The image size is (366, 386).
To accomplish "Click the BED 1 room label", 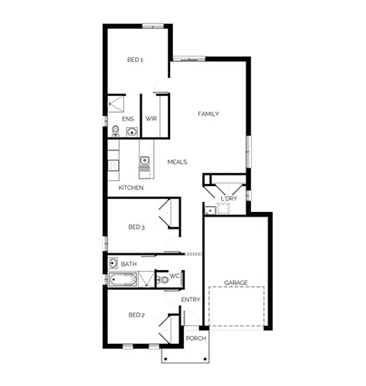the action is (x=135, y=60).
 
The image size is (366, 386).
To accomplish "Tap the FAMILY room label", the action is (x=208, y=114).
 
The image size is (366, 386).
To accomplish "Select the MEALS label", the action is (x=177, y=162).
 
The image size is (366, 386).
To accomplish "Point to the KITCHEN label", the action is (x=131, y=188).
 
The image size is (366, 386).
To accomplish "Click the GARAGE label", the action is (x=236, y=283).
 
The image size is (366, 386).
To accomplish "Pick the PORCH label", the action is (x=196, y=339).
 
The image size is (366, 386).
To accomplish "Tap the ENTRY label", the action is (x=191, y=300).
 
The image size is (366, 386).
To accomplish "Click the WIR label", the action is (x=151, y=119).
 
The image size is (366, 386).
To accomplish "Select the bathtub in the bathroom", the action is (x=123, y=280).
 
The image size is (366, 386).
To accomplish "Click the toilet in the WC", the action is (x=162, y=280).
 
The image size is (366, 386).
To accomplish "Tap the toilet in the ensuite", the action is (x=115, y=131).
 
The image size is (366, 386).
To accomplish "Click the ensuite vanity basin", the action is (x=132, y=132).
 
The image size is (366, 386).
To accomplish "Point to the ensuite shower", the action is (x=116, y=104).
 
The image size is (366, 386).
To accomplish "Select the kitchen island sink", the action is (x=144, y=160).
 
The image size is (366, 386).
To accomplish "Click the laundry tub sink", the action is (x=210, y=211).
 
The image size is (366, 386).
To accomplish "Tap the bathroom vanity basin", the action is (x=113, y=263).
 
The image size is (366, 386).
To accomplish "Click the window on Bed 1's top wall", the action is (x=152, y=26).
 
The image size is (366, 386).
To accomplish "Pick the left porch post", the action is (x=165, y=359).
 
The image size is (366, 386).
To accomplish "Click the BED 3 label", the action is (x=136, y=227).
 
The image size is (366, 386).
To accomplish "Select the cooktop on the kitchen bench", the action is (x=114, y=165).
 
